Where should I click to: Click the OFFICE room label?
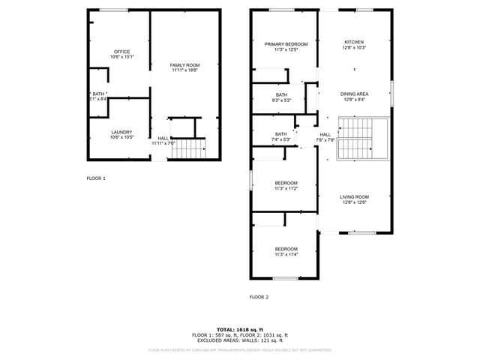point(121,52)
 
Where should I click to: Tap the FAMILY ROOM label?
point(184,65)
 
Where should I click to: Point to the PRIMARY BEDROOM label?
point(286,44)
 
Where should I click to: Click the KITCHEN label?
point(355,42)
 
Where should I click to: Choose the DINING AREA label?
point(355,94)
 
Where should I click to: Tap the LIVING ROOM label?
point(355,196)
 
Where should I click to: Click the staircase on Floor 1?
point(189,150)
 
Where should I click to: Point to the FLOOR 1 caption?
point(96,178)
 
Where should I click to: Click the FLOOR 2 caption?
point(259,297)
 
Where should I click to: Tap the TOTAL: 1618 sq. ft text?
point(240,329)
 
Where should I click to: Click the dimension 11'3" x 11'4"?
point(286,255)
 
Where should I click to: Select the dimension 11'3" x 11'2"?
point(286,188)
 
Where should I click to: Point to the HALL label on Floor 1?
point(163,138)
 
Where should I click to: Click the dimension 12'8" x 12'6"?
point(355,202)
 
